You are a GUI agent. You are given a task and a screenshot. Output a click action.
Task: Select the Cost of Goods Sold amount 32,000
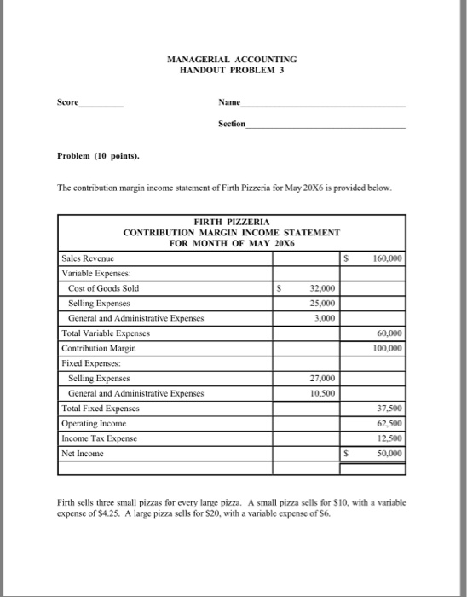click(311, 288)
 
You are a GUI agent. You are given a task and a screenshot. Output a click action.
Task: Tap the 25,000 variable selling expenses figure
click(311, 304)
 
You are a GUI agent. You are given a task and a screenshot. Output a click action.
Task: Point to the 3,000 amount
click(314, 319)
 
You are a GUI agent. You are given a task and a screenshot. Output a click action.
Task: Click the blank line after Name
click(324, 104)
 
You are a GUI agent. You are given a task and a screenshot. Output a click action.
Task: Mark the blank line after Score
click(101, 104)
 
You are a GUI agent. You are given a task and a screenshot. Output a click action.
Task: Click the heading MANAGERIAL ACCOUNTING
click(232, 59)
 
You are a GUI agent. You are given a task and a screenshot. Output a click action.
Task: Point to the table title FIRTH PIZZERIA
click(232, 220)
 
